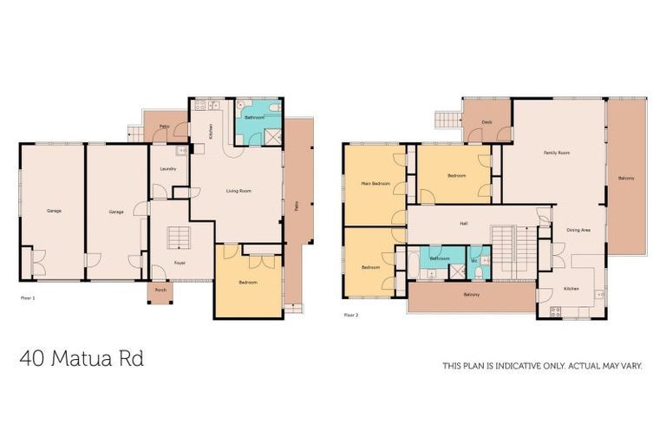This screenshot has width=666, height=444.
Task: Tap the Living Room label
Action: pyautogui.click(x=238, y=190)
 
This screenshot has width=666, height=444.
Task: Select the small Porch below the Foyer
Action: pyautogui.click(x=160, y=291)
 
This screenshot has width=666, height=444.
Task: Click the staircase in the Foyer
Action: pyautogui.click(x=179, y=237)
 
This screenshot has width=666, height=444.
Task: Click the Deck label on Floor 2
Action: pyautogui.click(x=487, y=122)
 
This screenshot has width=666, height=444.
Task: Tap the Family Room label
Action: pyautogui.click(x=556, y=153)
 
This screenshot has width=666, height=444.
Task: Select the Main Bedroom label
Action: pyautogui.click(x=374, y=184)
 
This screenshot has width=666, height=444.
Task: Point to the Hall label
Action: pyautogui.click(x=465, y=223)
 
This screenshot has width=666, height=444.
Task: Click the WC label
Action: pyautogui.click(x=474, y=260)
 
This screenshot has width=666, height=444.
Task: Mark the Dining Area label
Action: pyautogui.click(x=578, y=231)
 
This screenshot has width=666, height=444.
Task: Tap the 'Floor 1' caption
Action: pyautogui.click(x=27, y=297)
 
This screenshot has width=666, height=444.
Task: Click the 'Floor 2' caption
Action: pyautogui.click(x=350, y=315)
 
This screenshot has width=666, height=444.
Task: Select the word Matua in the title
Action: pyautogui.click(x=84, y=359)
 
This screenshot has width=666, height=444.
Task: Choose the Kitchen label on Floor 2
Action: pyautogui.click(x=571, y=289)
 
